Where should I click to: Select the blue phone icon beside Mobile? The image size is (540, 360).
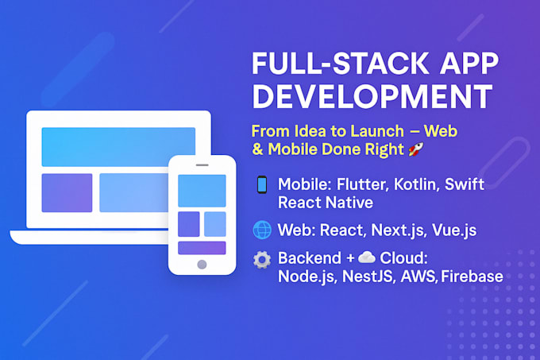click(261, 185)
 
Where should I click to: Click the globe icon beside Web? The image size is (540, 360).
click(261, 230)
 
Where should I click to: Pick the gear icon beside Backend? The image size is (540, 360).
click(261, 260)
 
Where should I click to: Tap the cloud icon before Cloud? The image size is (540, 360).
click(366, 257)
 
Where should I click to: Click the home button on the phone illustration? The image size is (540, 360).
click(202, 264)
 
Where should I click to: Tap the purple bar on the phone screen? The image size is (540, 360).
click(202, 248)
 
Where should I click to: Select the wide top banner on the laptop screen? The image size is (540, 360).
click(118, 146)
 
